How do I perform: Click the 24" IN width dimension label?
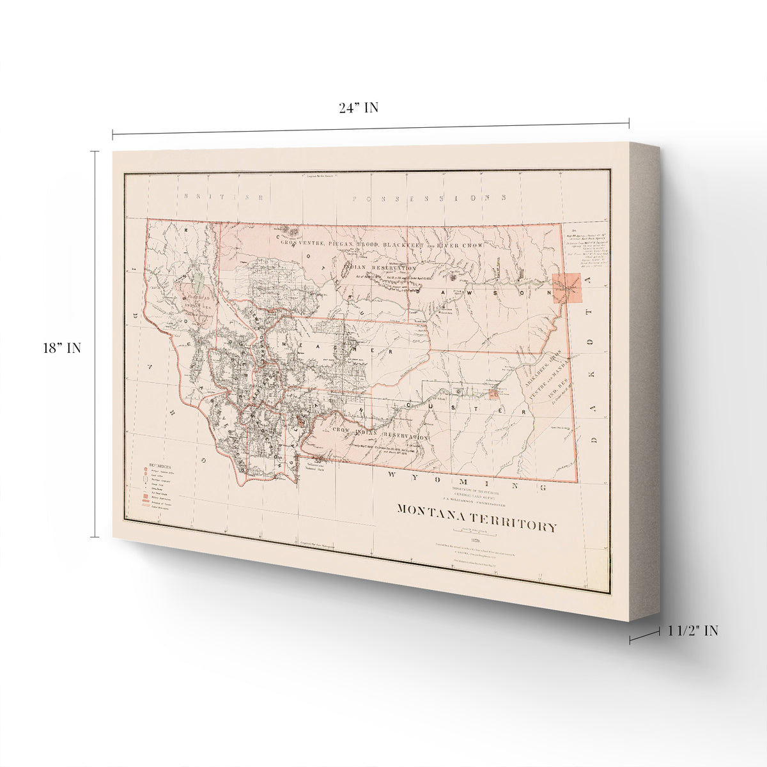pos(359,108)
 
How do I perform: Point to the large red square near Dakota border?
pos(567,288)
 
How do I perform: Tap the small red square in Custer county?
pos(493,394)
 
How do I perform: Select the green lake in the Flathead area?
pos(200,279)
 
